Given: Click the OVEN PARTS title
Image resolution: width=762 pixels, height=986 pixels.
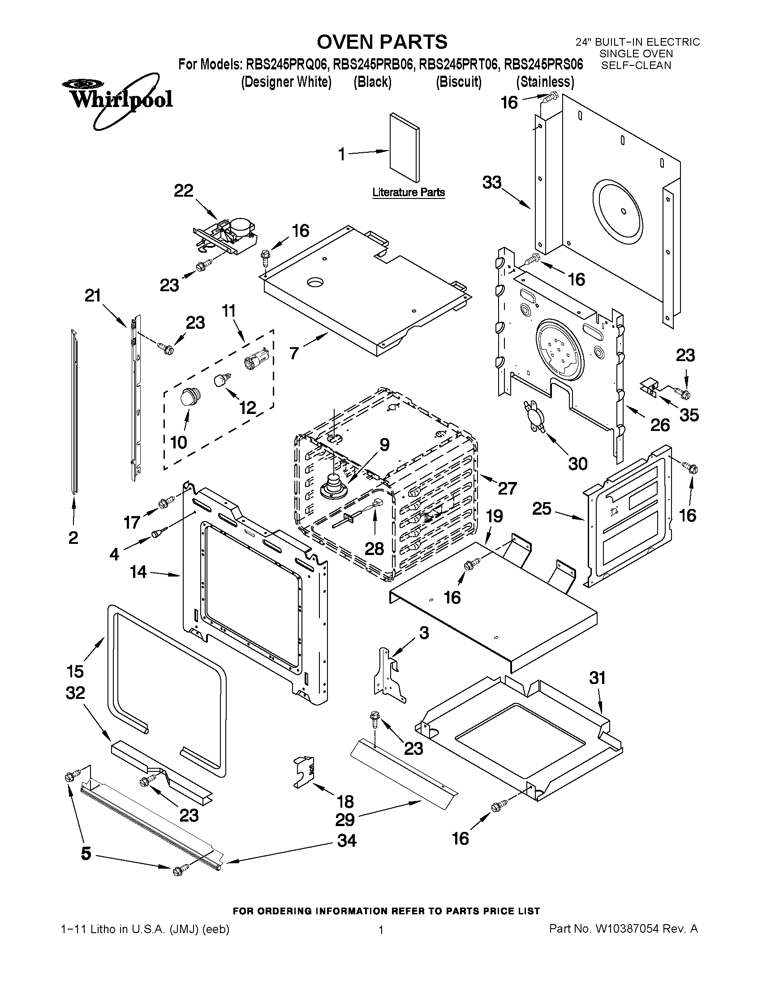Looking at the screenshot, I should (x=382, y=42).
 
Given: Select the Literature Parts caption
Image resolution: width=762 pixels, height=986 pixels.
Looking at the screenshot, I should (x=409, y=192).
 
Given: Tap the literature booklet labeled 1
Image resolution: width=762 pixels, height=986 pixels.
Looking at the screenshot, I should (x=404, y=148).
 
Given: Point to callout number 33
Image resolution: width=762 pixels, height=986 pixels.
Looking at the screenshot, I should (x=492, y=182).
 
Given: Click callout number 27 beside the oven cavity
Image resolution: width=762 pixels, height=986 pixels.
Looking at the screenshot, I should (x=507, y=488).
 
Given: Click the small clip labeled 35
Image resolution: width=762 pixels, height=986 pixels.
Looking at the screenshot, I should (x=649, y=387).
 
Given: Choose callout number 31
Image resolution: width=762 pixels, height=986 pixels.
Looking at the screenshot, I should (x=597, y=690).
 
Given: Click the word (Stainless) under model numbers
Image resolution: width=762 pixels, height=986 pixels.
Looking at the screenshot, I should (x=545, y=82).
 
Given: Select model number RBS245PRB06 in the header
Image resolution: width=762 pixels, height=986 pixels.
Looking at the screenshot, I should (x=373, y=65).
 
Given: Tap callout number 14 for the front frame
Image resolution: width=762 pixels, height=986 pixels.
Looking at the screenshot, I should (x=138, y=572).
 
